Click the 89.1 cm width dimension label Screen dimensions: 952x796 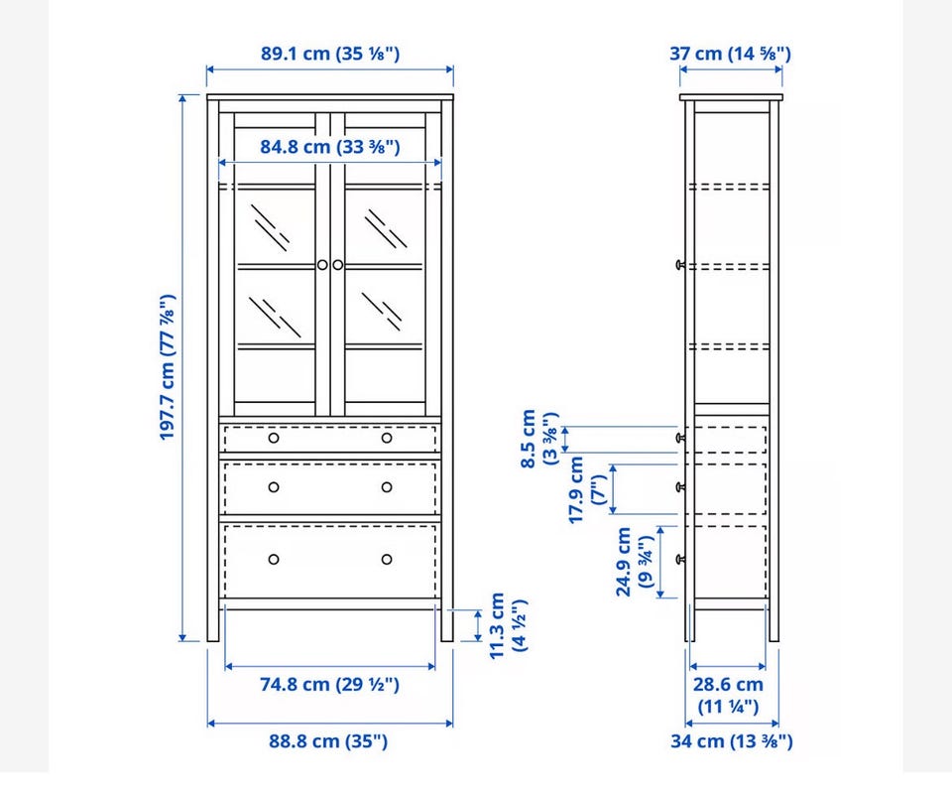coord(330,54)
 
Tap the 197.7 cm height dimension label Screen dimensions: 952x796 coord(167,367)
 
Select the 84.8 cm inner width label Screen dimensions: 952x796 coord(330,147)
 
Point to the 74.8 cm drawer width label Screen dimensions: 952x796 coord(329,685)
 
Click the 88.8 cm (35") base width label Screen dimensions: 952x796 coord(328,741)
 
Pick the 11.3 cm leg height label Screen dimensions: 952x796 coord(508,625)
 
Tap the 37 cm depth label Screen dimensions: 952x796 coord(731,54)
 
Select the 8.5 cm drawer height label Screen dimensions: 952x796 coord(538,439)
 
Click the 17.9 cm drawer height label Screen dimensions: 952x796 coord(586,489)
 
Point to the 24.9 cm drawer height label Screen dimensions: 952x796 coord(635,562)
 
